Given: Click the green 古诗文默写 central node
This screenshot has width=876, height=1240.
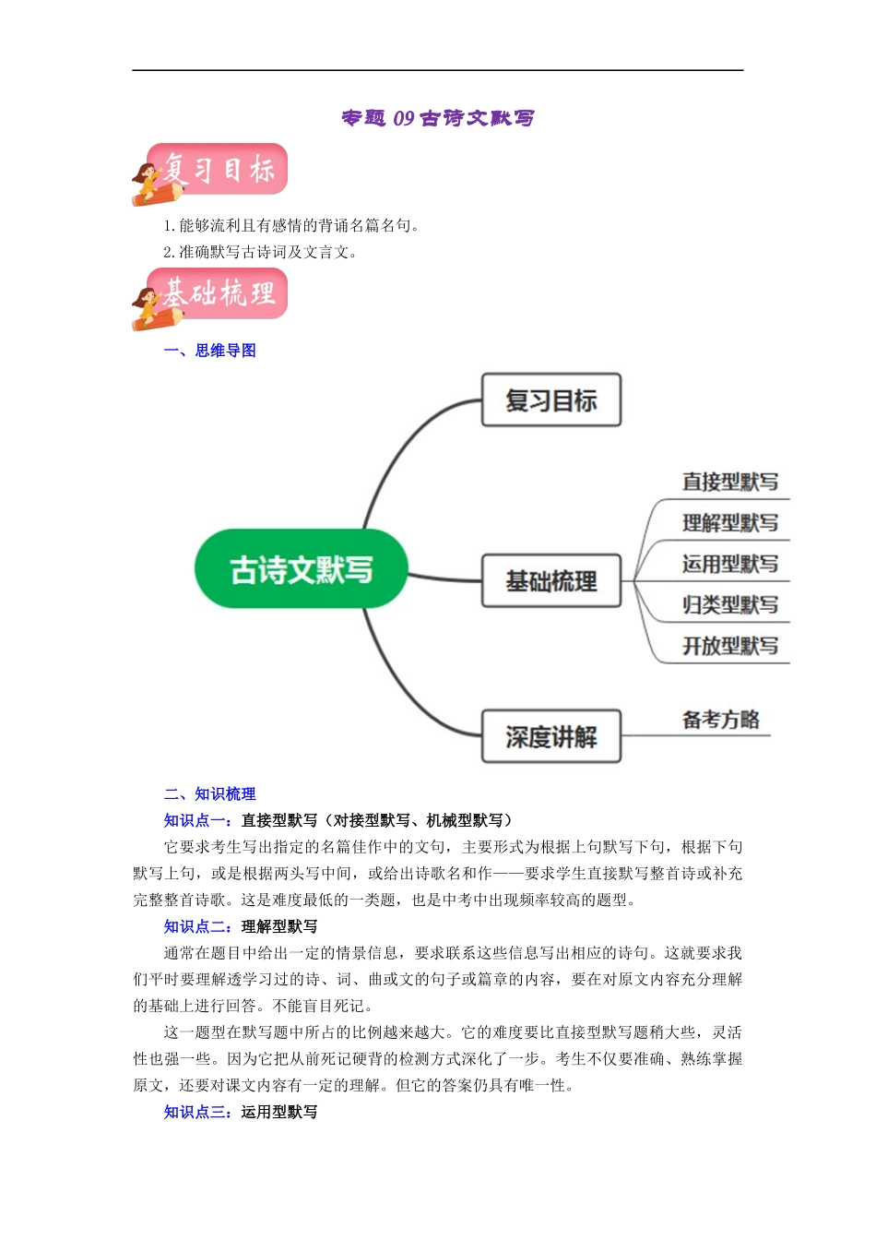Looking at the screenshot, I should [301, 569].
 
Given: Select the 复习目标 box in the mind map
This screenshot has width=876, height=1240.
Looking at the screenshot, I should [550, 400].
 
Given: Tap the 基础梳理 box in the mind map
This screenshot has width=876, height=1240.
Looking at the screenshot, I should [550, 581].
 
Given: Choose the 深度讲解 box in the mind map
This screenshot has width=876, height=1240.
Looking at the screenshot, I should [550, 736].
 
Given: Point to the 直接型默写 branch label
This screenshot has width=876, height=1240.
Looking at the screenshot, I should [729, 482].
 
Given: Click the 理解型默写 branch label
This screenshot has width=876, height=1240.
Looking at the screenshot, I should [729, 523].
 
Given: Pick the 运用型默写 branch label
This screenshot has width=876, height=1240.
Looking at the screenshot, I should [729, 564].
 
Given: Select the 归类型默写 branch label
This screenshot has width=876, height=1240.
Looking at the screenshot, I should [729, 605].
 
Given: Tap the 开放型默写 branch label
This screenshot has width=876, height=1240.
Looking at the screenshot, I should [729, 646].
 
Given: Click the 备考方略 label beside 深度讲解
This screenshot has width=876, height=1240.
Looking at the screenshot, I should [720, 720].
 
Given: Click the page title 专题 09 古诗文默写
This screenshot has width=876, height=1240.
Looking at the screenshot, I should [437, 118].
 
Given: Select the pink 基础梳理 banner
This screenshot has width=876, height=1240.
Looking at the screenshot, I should [218, 294].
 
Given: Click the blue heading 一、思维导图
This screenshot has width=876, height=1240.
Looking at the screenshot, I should [209, 351].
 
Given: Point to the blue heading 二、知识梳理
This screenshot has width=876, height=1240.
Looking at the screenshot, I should [209, 794].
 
